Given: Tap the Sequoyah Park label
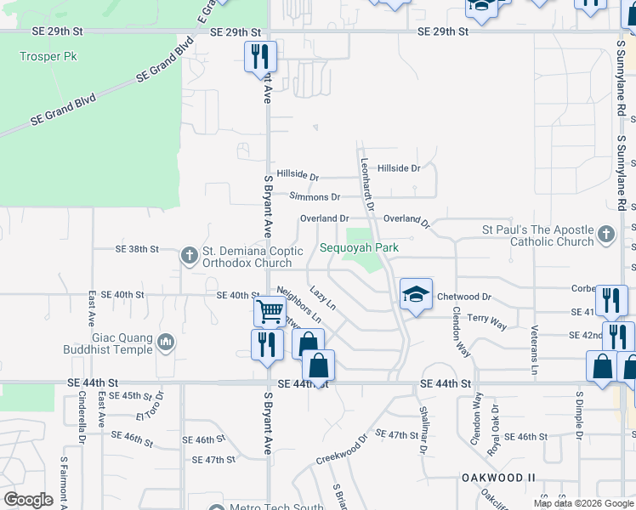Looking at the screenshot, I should pyautogui.click(x=359, y=247).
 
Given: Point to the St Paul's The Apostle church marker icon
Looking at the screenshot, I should pyautogui.click(x=605, y=233).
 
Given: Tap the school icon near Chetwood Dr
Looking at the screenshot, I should pyautogui.click(x=416, y=295).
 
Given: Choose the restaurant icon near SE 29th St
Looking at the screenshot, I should pyautogui.click(x=260, y=57).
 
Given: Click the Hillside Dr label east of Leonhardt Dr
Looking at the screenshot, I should pyautogui.click(x=399, y=168).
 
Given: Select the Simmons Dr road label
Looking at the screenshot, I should pyautogui.click(x=315, y=196).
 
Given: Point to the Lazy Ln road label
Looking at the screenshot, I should pyautogui.click(x=322, y=297).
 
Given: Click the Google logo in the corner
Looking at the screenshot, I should pyautogui.click(x=27, y=499).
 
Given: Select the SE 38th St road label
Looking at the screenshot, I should pyautogui.click(x=137, y=249).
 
